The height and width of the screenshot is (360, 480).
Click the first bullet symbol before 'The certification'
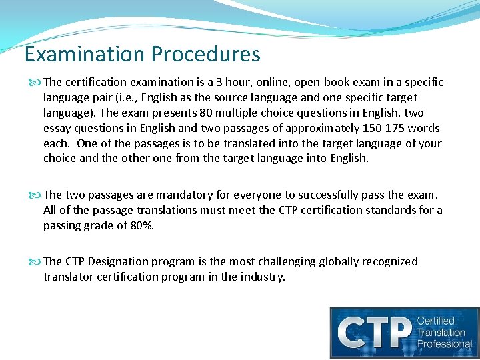click(x=37, y=83)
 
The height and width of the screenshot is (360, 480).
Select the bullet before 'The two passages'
click(x=37, y=195)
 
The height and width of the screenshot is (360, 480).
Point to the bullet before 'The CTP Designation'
click(x=37, y=261)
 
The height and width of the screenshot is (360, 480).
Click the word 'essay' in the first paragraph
click(x=57, y=128)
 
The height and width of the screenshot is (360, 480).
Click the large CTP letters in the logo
click(x=372, y=331)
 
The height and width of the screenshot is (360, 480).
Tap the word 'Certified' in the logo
click(x=435, y=321)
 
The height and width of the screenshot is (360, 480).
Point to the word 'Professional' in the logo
click(x=444, y=344)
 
